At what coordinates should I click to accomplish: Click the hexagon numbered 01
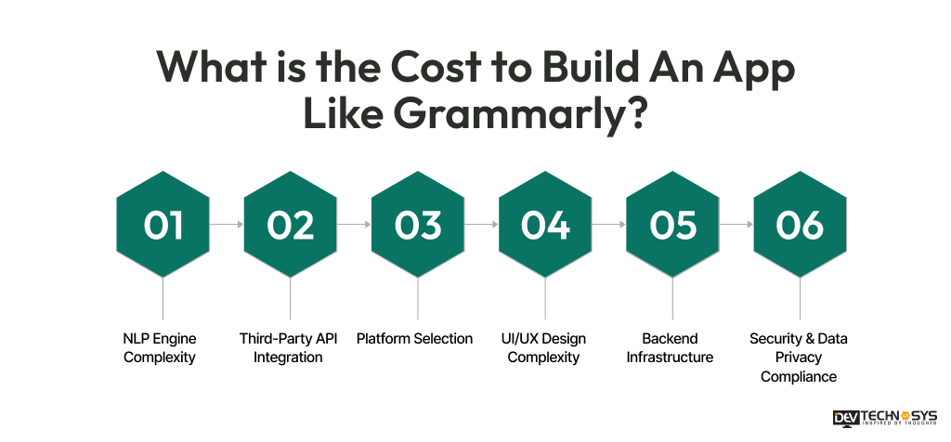point(163,225)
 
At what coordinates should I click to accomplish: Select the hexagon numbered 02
point(291,225)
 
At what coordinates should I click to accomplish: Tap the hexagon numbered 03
point(418,225)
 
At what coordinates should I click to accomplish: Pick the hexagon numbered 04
point(545,225)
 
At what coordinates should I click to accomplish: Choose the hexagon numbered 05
point(672,225)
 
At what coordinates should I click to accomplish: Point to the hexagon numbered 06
point(800,225)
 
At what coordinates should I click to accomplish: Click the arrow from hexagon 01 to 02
point(227,225)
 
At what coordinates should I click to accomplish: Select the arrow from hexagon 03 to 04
point(481,225)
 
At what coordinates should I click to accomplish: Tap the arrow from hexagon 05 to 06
point(736,225)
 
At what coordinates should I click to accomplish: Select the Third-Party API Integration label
point(289,347)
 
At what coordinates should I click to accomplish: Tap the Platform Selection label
point(414,339)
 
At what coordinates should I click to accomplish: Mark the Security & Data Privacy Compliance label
point(799,357)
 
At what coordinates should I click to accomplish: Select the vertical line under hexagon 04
point(545,299)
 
